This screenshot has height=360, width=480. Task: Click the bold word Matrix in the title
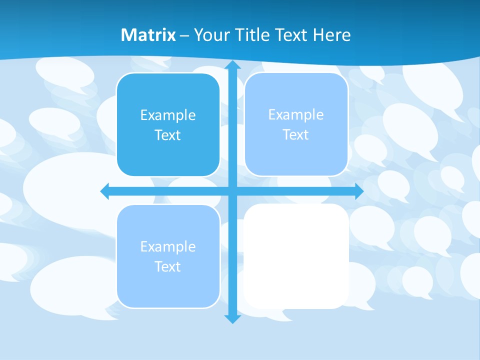148,35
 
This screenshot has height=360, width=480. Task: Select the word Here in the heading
332,35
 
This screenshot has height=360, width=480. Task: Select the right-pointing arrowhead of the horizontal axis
359,191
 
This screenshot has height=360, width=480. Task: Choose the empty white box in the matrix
296,256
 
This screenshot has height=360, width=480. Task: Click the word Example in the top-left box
168,115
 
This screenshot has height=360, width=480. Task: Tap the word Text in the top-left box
168,135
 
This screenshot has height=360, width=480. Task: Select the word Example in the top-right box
296,115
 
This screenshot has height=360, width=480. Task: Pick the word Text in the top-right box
296,135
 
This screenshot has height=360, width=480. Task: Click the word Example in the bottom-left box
168,247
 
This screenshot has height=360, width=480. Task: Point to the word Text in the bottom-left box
168,267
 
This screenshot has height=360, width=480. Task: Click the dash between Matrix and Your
184,35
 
